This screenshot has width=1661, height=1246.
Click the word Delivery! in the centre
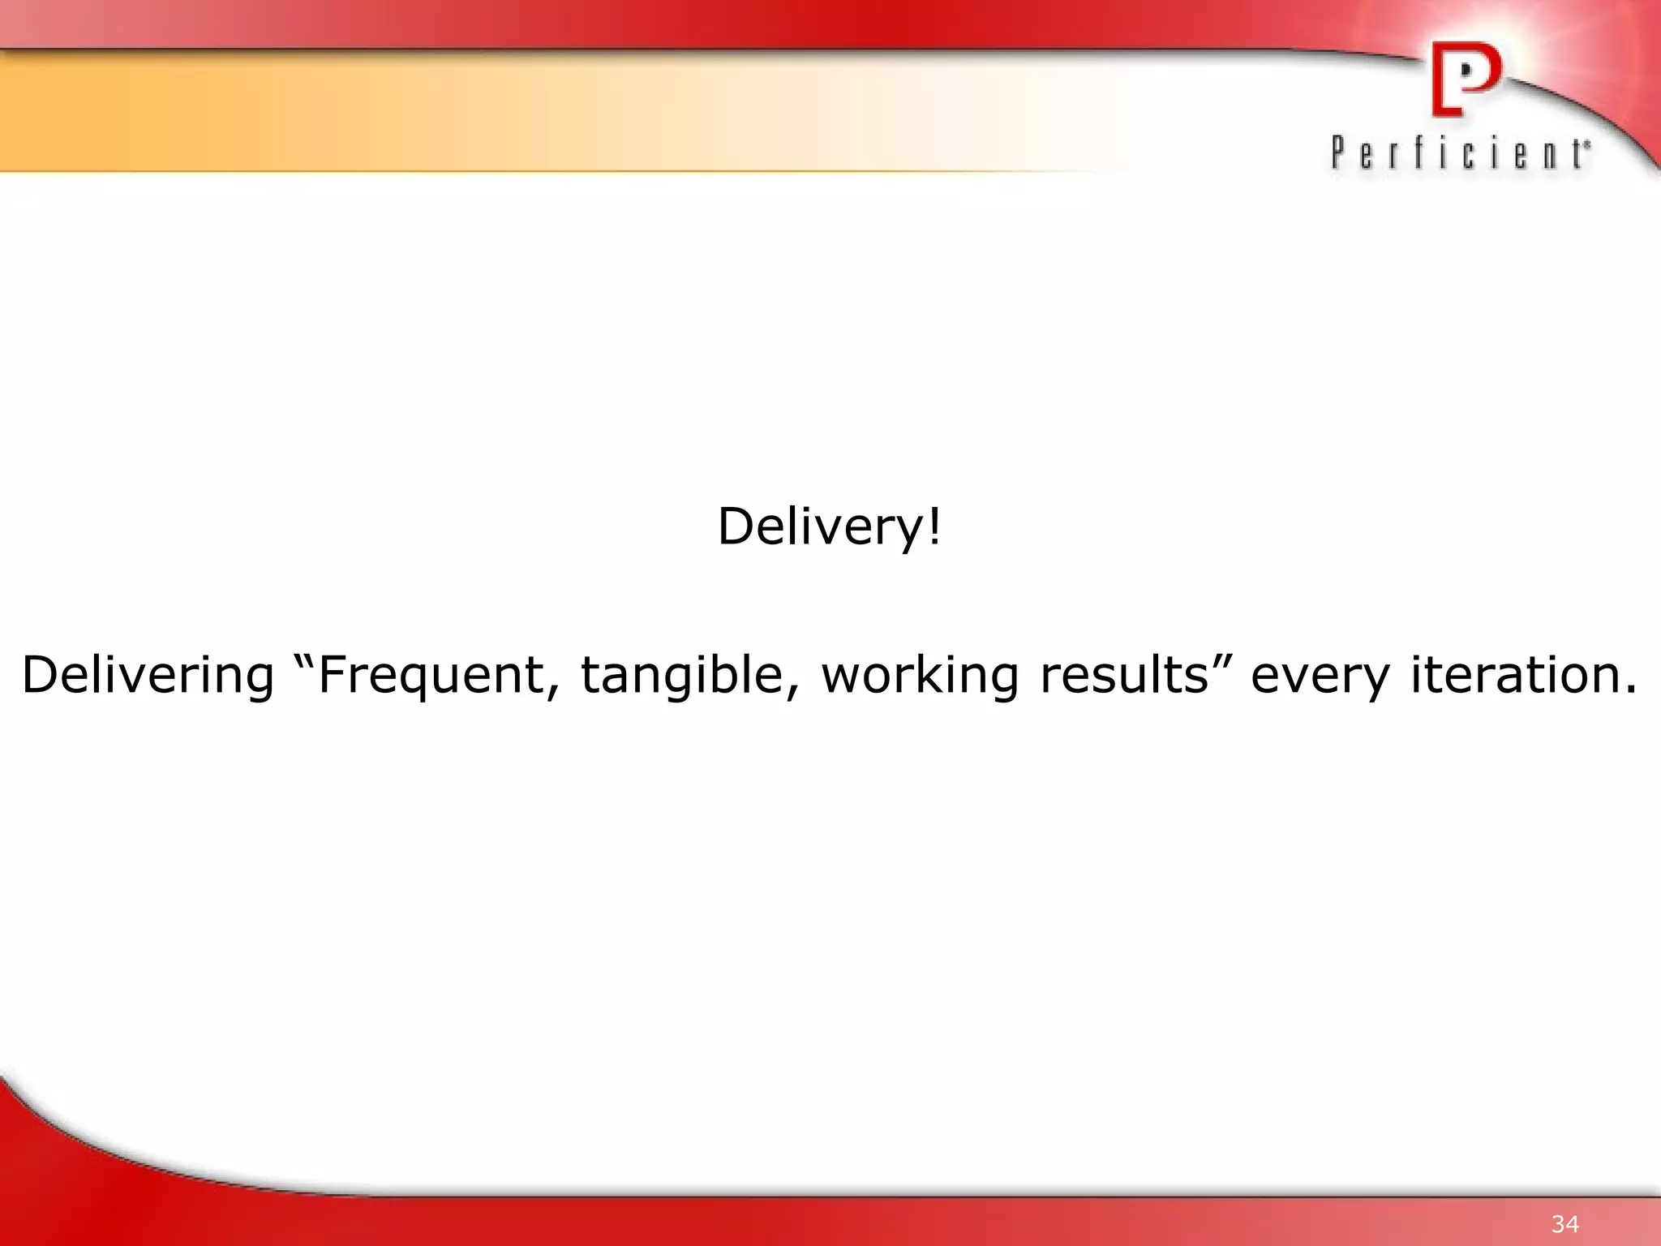tap(829, 527)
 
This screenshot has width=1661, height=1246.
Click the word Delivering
tap(148, 675)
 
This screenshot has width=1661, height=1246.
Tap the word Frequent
tap(431, 675)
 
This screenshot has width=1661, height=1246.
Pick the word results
tap(1123, 675)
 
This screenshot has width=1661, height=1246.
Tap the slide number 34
tap(1565, 1223)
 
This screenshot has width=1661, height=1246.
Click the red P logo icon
tap(1465, 79)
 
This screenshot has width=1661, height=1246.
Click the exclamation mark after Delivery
tap(934, 526)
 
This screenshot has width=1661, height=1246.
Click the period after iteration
tap(1630, 691)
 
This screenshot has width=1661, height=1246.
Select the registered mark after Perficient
tap(1587, 144)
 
